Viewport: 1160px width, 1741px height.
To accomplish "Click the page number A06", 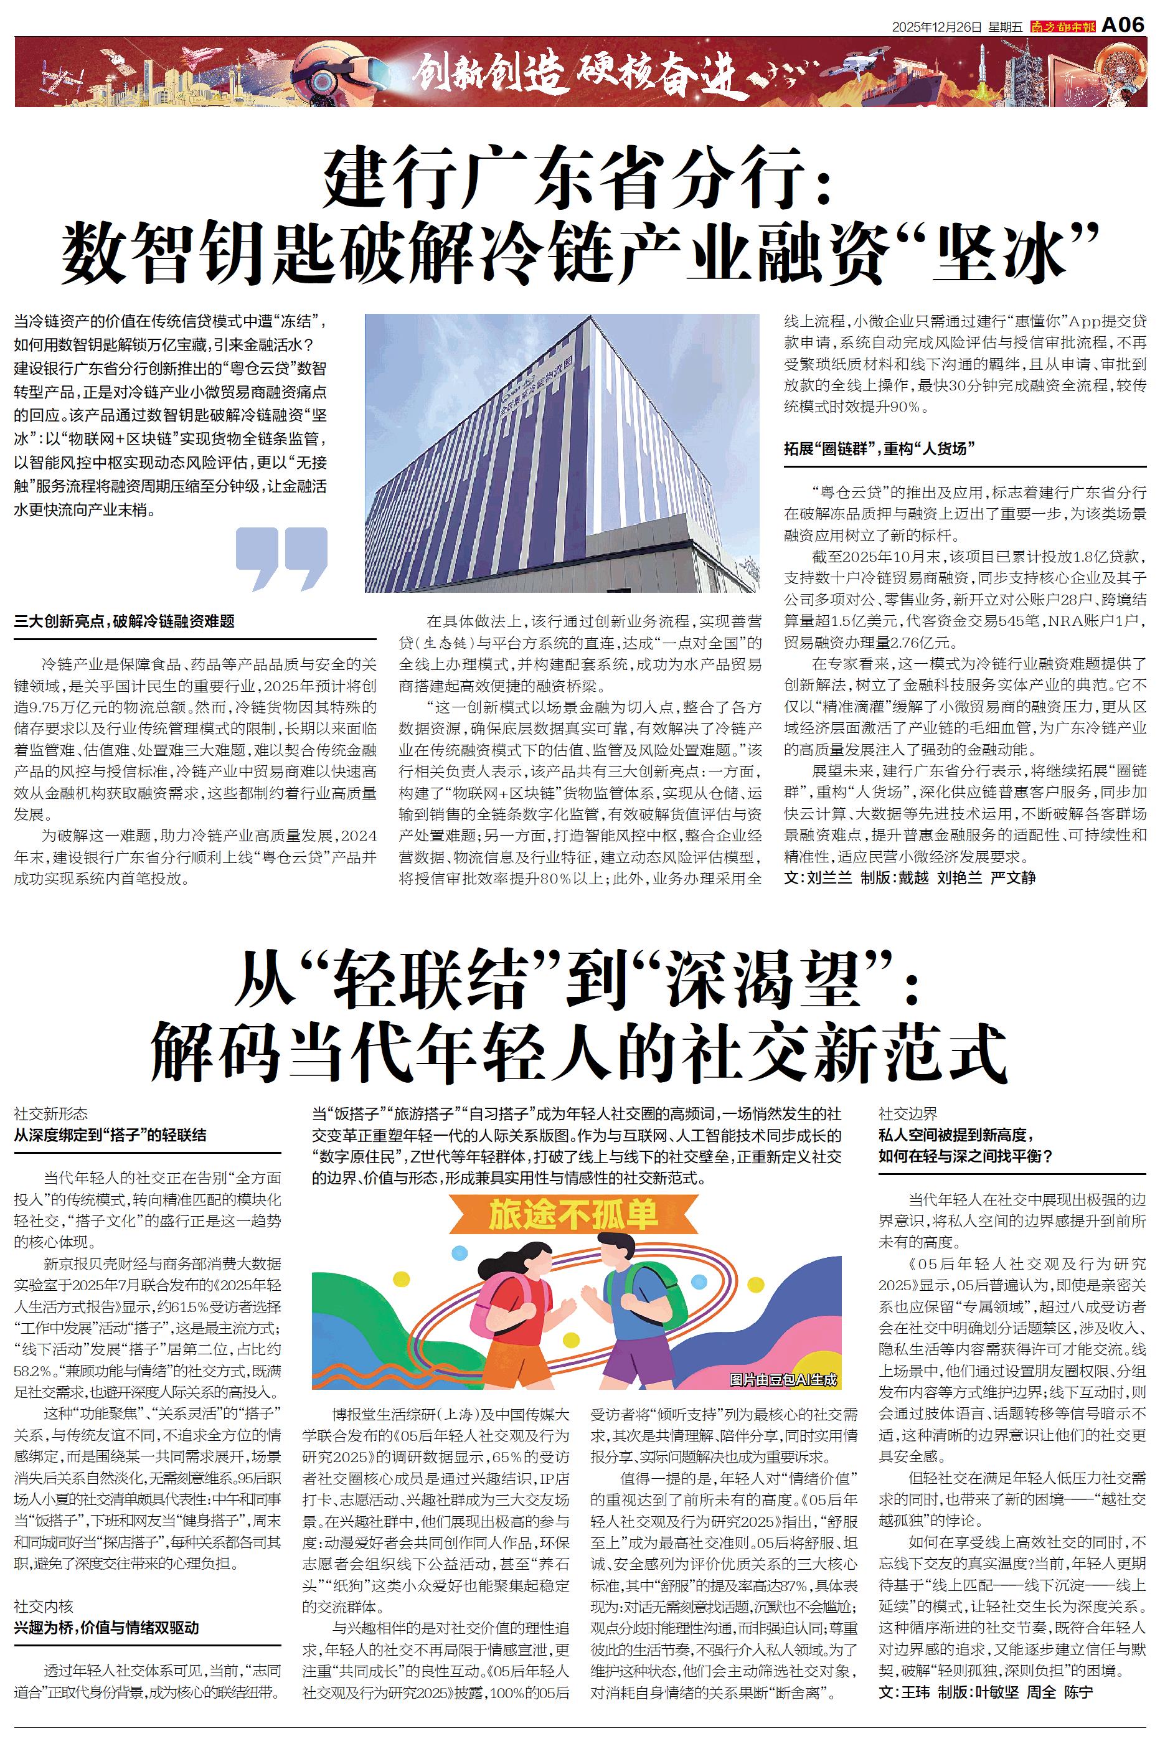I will tap(1123, 24).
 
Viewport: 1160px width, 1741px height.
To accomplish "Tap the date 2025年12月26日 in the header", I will tap(937, 27).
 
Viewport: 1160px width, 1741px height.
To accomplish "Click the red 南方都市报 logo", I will tap(1063, 27).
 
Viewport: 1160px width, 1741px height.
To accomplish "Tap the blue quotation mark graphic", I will tap(281, 559).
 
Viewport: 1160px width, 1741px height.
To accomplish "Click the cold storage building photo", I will tap(562, 453).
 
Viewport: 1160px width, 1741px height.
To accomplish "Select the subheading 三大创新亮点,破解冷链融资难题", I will tap(125, 621).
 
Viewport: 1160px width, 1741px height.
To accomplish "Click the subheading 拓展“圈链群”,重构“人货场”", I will tap(880, 448).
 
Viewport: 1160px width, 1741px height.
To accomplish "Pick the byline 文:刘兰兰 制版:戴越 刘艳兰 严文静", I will tap(910, 878).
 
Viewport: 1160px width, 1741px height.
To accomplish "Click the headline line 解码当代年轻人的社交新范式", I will tap(579, 1052).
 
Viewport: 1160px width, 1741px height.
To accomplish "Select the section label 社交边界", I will tap(908, 1114).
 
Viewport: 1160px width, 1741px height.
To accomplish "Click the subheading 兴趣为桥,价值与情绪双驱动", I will tap(106, 1628).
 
